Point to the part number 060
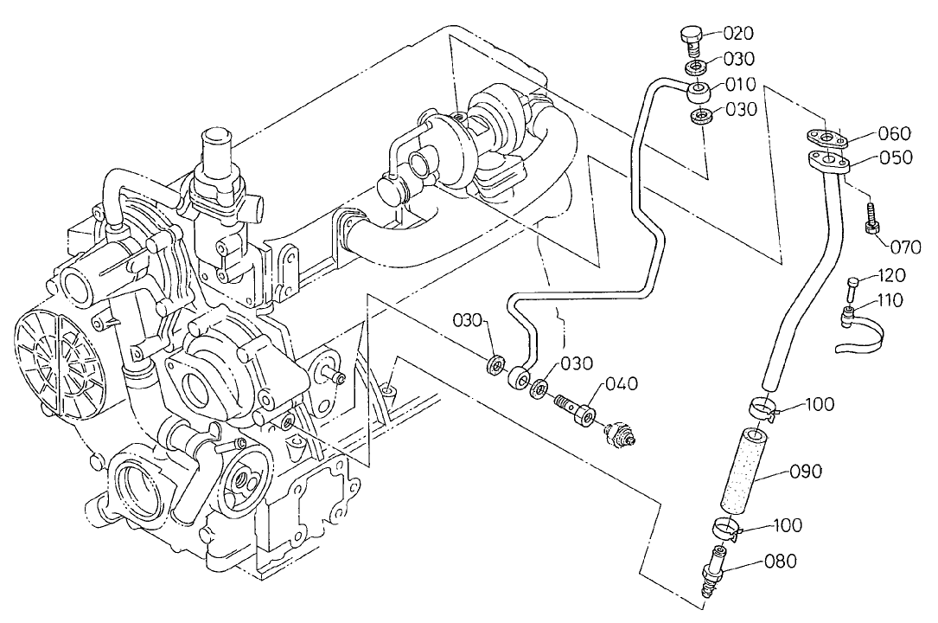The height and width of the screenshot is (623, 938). pos(894,133)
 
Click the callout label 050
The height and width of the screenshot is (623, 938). pos(895,157)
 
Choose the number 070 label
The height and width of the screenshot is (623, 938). pos(905,247)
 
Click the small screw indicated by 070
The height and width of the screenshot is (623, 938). pos(871,216)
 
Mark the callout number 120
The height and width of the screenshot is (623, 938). pos(890,276)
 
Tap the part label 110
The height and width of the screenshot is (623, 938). pos(887,301)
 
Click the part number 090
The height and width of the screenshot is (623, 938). pos(805,472)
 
